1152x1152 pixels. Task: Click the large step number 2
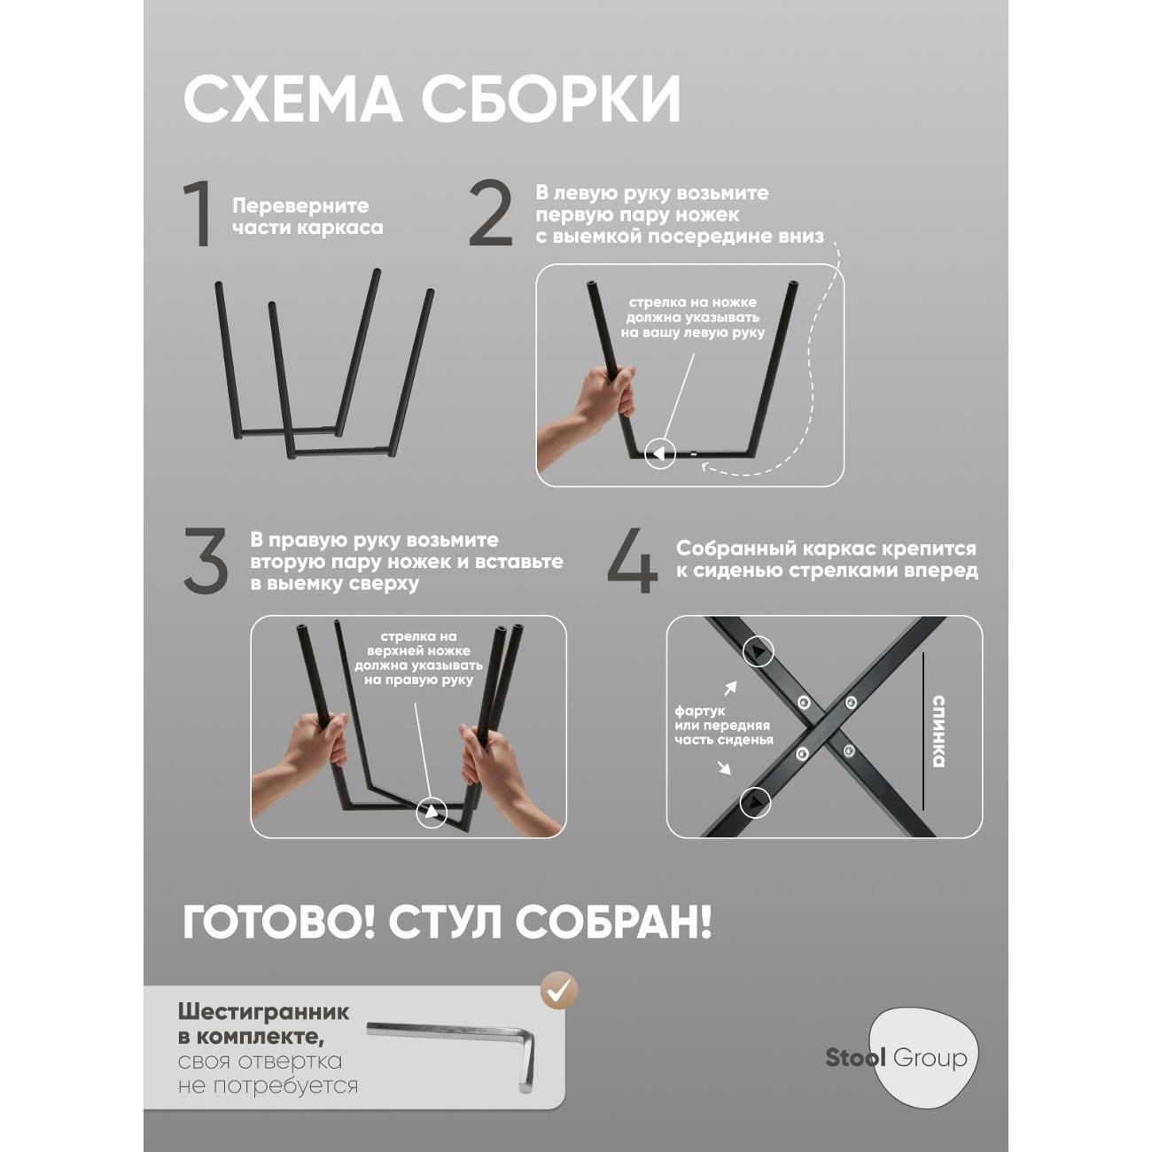tap(490, 214)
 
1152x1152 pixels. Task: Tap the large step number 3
tap(206, 562)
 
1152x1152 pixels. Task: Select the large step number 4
tap(633, 562)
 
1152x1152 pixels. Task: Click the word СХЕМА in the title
tap(292, 99)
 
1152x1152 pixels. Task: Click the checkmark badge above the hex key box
tap(560, 990)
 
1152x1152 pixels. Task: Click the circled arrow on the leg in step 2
tap(658, 454)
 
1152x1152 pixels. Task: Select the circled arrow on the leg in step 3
tap(432, 810)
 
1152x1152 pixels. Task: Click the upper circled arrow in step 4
tap(758, 652)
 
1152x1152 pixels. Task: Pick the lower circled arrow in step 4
tap(756, 802)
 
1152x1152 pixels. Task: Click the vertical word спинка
tap(938, 731)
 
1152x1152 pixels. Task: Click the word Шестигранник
tap(263, 1012)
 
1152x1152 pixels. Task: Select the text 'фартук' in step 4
tap(699, 711)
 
